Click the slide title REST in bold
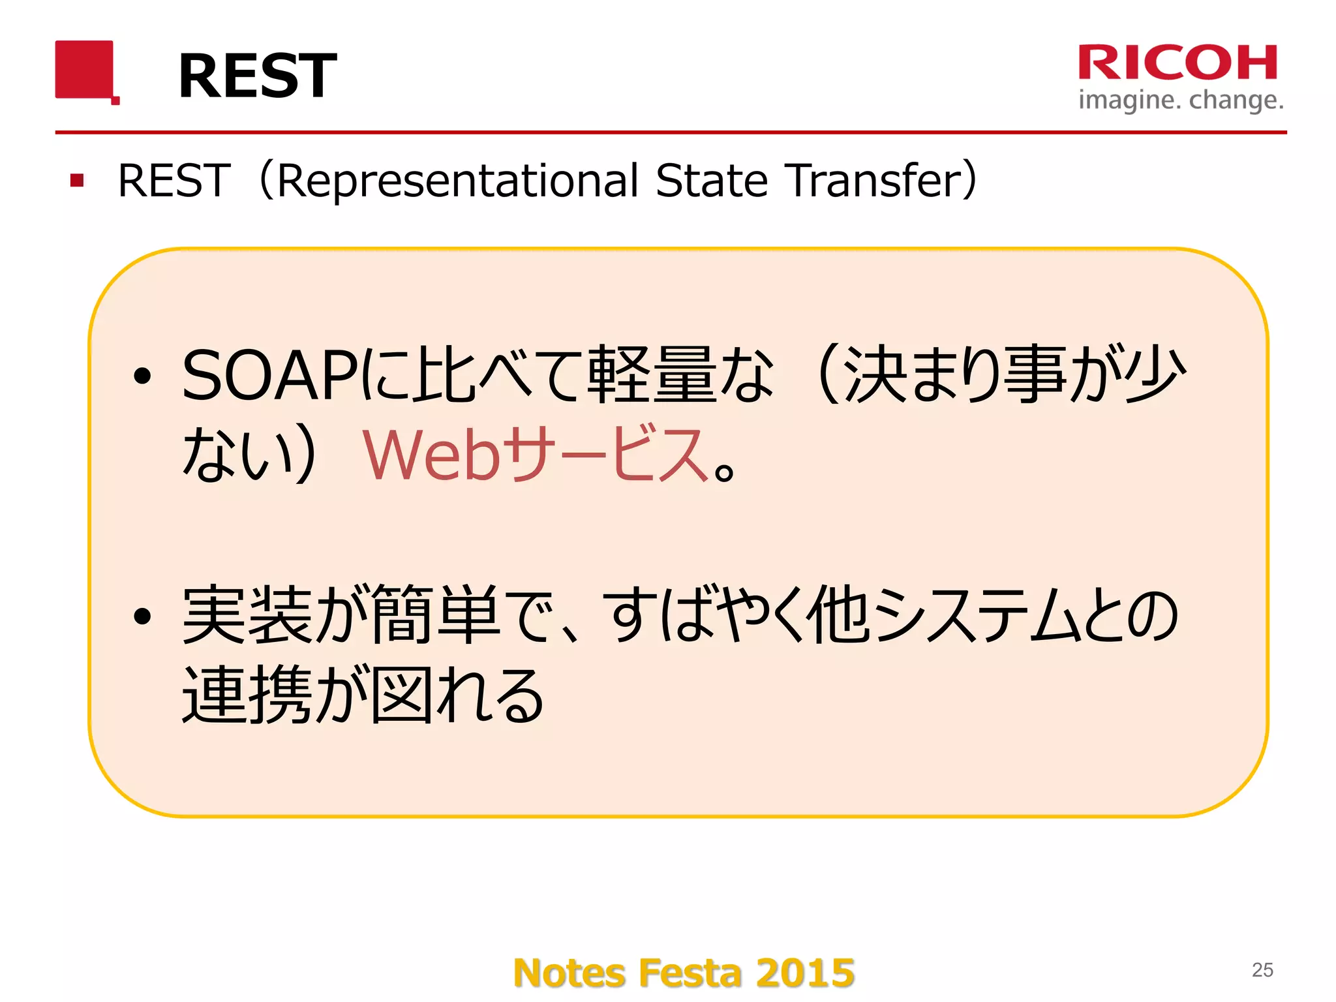pos(257,76)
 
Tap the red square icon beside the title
pos(85,70)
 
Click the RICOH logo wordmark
pos(1178,63)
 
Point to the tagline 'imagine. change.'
pos(1181,100)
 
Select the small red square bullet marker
pos(77,180)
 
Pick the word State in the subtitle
pos(712,181)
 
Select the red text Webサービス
pos(535,455)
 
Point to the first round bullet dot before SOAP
pos(142,376)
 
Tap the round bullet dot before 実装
pos(142,616)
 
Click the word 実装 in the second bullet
pos(247,615)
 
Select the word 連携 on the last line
pos(247,695)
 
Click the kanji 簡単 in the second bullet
pos(436,615)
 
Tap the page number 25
pos(1262,970)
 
